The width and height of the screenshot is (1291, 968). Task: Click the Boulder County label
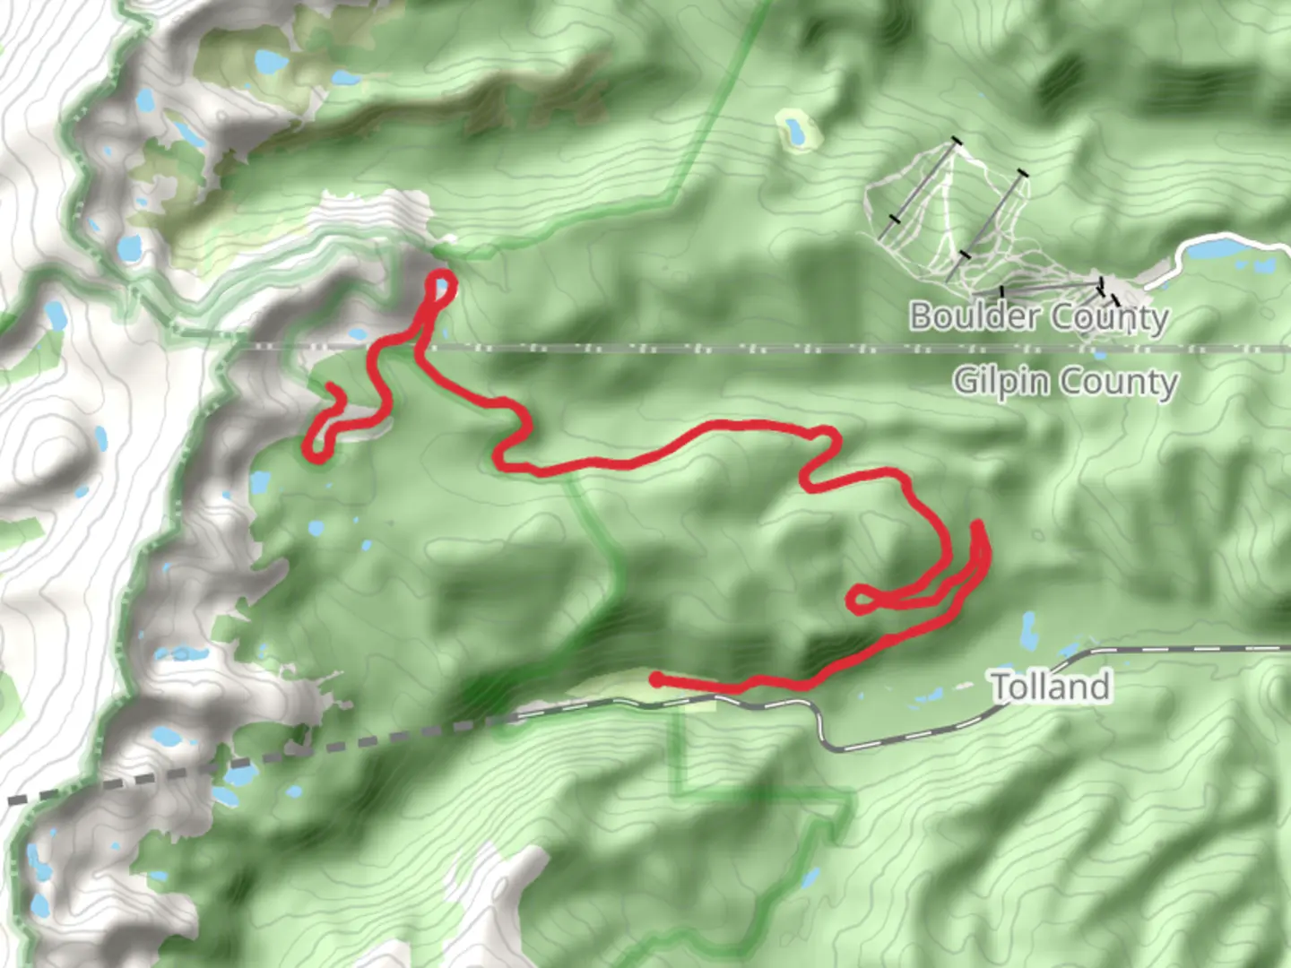pos(1039,316)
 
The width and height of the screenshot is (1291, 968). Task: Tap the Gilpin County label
pos(1064,382)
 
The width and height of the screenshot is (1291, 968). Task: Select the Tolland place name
pos(1051,687)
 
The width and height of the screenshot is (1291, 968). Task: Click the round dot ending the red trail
pos(656,679)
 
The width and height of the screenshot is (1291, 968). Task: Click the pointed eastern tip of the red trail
pos(977,523)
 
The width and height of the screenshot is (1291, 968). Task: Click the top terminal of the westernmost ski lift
pos(957,141)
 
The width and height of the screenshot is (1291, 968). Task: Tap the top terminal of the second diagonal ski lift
pos(1023,173)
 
